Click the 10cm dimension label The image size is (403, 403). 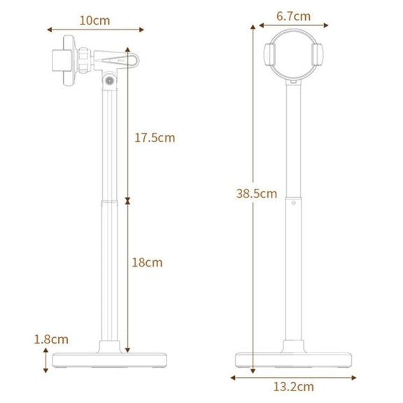click(95, 21)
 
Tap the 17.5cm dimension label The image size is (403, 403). click(155, 138)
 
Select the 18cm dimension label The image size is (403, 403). click(147, 262)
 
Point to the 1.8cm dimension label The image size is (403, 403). click(51, 339)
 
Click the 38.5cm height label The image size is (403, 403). click(257, 194)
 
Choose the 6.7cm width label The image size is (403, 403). click(294, 16)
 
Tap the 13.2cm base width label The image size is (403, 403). click(294, 387)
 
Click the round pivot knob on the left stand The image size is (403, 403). click(110, 80)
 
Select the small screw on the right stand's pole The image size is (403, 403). click(294, 203)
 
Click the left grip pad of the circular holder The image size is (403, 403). click(269, 55)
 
